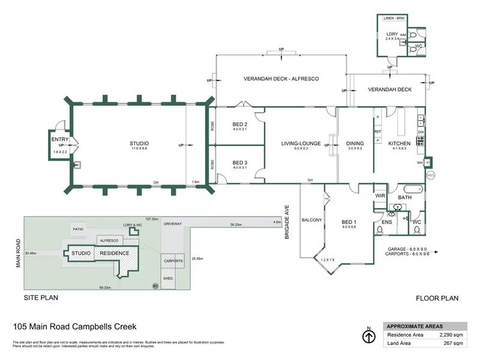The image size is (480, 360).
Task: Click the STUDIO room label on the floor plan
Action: coord(139,143)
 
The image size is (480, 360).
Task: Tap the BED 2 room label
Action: coord(239,124)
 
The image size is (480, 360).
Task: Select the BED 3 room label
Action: coord(239,163)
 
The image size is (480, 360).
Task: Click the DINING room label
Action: coord(355,143)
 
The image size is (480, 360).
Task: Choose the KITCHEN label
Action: coord(399,143)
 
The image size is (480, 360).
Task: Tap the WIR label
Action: coord(379,196)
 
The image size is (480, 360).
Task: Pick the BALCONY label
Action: coord(312,220)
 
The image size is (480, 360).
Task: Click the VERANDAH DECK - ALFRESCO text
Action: coord(281,79)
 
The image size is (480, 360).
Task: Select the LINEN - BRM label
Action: coord(394,19)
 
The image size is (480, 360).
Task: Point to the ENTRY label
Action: coord(59,139)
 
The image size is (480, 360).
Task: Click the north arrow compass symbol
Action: coord(369,336)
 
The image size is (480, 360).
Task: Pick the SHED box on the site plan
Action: coord(168,278)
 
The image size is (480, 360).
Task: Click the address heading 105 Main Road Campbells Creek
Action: coord(74,326)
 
